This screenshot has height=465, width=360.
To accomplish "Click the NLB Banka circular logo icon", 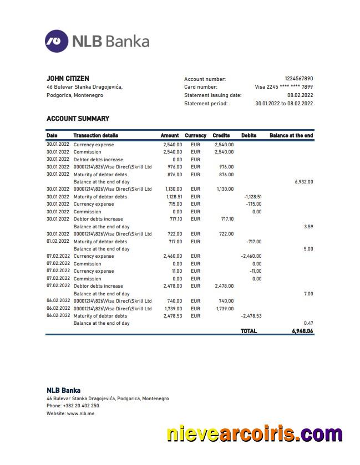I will [x=57, y=41].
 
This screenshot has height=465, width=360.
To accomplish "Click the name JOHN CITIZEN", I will [x=68, y=79].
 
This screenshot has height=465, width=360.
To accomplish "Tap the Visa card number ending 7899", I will [x=283, y=87].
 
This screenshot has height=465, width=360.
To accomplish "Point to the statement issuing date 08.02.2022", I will [x=300, y=95].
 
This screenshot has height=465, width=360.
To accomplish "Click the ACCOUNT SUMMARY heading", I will [x=78, y=119].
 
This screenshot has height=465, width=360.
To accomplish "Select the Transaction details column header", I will [x=95, y=135].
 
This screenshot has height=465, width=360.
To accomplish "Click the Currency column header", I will [x=195, y=135].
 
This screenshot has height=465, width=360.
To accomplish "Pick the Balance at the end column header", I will [x=291, y=135].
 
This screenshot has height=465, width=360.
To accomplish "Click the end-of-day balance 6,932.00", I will [x=303, y=182].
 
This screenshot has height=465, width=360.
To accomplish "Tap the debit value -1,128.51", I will [x=252, y=197].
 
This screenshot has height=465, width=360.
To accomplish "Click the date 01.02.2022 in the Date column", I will [x=58, y=242].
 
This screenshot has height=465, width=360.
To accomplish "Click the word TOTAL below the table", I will [x=249, y=331].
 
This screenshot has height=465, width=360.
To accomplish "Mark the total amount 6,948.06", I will [x=302, y=331].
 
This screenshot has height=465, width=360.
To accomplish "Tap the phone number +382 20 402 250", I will [x=81, y=406].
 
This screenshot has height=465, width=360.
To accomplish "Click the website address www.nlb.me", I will [x=80, y=413].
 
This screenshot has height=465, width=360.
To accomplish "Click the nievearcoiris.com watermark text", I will [x=254, y=433].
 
